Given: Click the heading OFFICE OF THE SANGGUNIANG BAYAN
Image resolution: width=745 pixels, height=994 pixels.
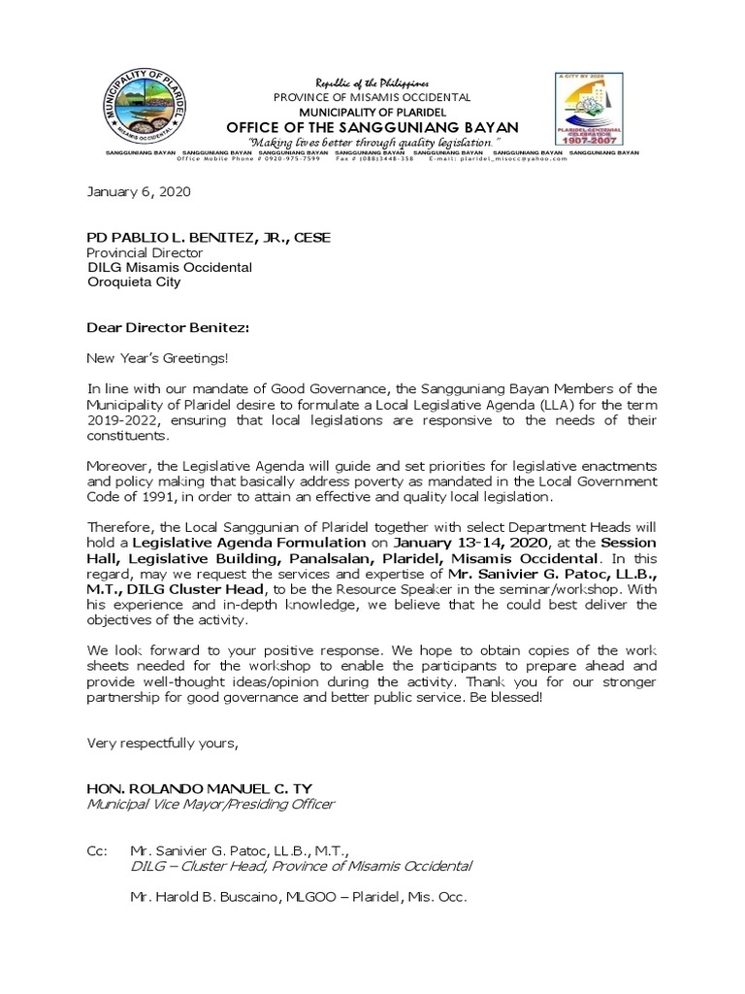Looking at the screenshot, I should pyautogui.click(x=372, y=128).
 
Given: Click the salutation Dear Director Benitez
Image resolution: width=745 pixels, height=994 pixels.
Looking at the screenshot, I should pyautogui.click(x=168, y=329).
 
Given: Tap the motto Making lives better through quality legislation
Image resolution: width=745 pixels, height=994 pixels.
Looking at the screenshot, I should pyautogui.click(x=372, y=142).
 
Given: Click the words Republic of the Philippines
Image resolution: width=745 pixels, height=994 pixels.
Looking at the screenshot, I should pyautogui.click(x=372, y=83).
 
